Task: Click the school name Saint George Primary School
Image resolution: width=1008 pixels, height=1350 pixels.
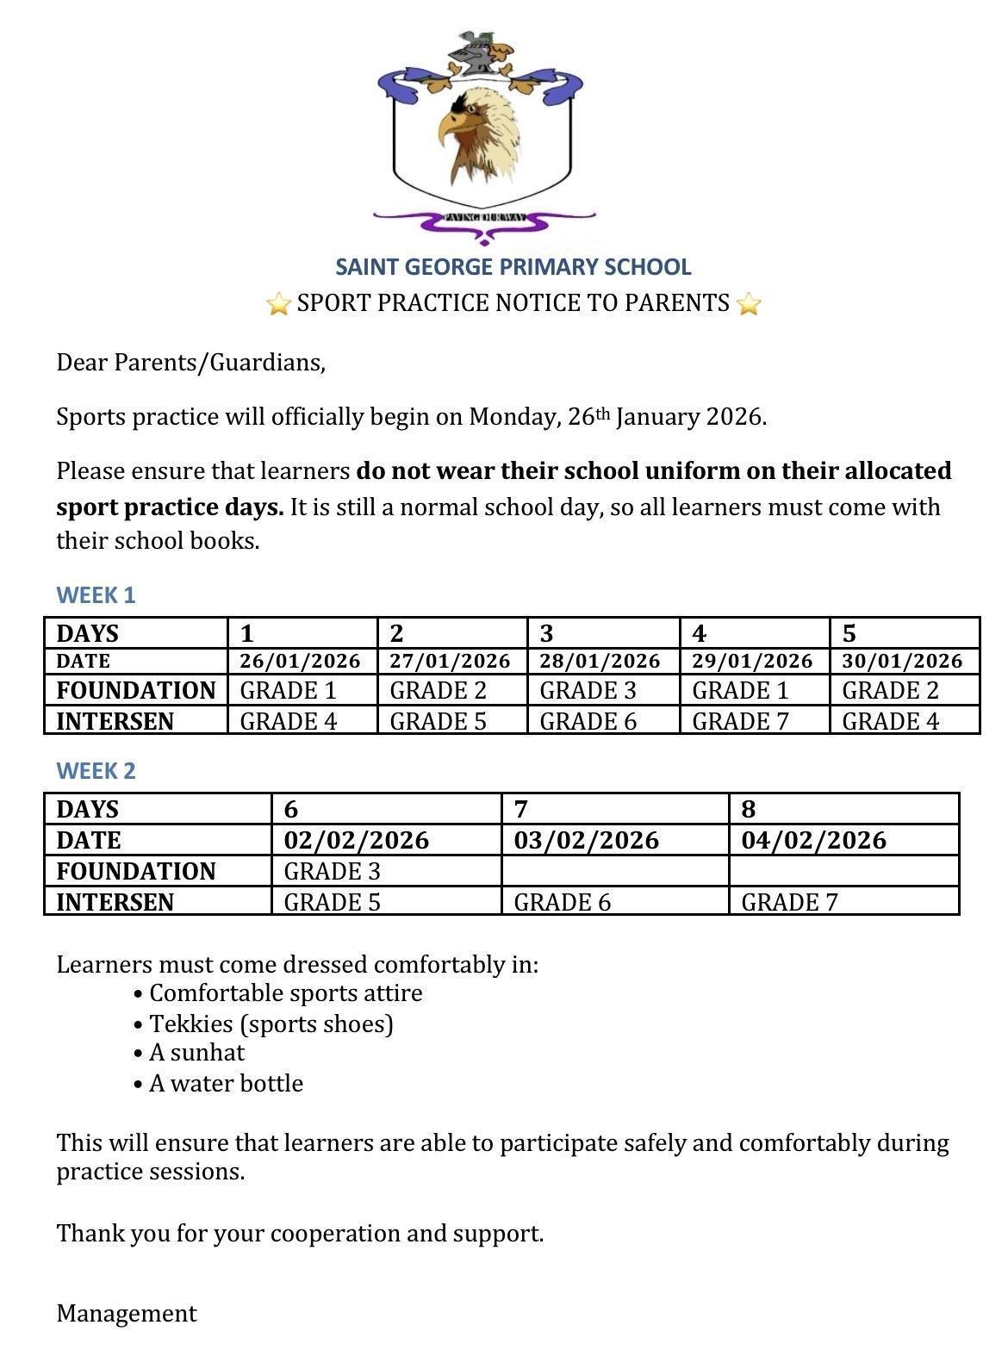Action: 513,267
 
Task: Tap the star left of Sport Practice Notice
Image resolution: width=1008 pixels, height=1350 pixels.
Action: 278,304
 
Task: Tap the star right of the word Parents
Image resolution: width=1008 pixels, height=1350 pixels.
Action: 749,304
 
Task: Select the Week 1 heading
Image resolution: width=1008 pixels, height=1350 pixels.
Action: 96,595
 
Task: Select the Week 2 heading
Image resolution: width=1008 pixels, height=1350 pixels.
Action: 96,771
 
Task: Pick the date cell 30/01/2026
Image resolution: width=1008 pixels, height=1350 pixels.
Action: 902,661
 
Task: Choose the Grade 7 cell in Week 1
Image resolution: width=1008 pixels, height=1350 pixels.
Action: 740,721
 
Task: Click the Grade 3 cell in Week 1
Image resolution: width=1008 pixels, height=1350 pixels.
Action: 588,691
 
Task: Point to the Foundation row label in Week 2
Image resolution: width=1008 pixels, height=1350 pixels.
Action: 136,871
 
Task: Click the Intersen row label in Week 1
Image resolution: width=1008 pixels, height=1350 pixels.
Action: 115,721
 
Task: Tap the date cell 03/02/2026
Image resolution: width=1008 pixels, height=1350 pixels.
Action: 586,840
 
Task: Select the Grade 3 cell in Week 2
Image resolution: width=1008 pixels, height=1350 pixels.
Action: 332,871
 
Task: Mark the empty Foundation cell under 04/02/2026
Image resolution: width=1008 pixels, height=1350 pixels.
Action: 843,871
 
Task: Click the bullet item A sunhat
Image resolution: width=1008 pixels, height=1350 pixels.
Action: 196,1053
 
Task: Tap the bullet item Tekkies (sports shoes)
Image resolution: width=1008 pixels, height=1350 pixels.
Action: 271,1023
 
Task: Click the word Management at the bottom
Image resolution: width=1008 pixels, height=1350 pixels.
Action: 127,1313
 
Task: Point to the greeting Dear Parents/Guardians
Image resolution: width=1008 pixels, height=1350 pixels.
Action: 190,363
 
